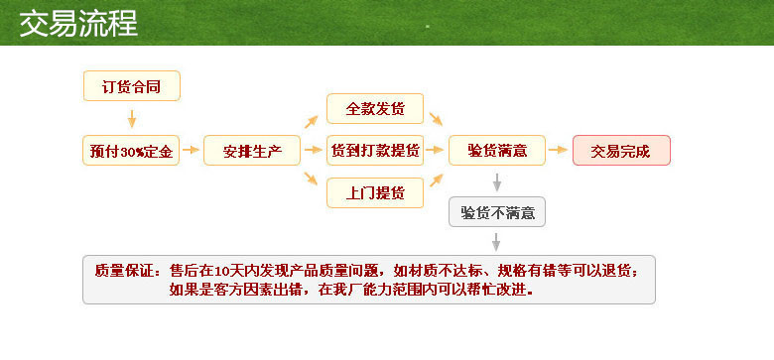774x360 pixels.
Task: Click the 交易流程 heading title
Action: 78,22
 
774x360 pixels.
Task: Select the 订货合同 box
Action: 131,86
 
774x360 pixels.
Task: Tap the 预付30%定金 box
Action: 131,151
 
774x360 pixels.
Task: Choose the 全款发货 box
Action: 375,108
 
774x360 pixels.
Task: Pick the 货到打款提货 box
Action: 375,151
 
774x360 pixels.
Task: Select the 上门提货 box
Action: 375,192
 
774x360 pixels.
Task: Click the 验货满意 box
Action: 497,151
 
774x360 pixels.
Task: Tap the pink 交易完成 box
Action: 621,151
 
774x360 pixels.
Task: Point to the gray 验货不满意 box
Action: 497,211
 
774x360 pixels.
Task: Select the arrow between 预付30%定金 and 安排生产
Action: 192,152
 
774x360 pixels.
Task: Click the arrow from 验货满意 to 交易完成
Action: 560,152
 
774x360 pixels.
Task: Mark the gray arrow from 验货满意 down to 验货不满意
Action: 497,181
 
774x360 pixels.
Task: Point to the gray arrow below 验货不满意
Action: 497,241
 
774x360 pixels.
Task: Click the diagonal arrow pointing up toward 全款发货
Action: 311,122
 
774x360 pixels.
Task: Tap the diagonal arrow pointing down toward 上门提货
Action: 311,180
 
